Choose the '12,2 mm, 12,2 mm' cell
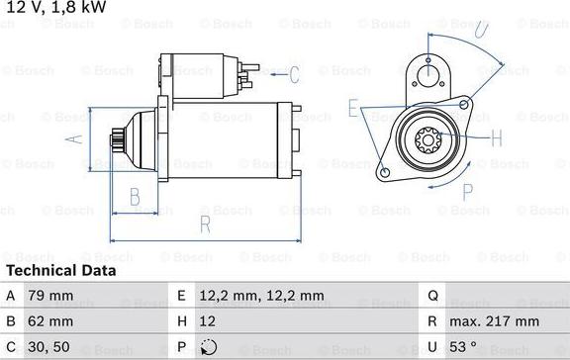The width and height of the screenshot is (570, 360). click(263, 295)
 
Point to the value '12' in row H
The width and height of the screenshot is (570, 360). click(208, 321)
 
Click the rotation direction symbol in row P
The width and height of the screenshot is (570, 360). click(207, 347)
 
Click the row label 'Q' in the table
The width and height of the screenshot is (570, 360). click(432, 295)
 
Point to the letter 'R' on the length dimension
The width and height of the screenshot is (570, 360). click(205, 225)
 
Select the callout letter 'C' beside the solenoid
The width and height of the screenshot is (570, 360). click(293, 73)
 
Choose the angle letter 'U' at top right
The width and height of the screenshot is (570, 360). click(481, 31)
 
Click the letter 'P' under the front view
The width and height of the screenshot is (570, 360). click(466, 191)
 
